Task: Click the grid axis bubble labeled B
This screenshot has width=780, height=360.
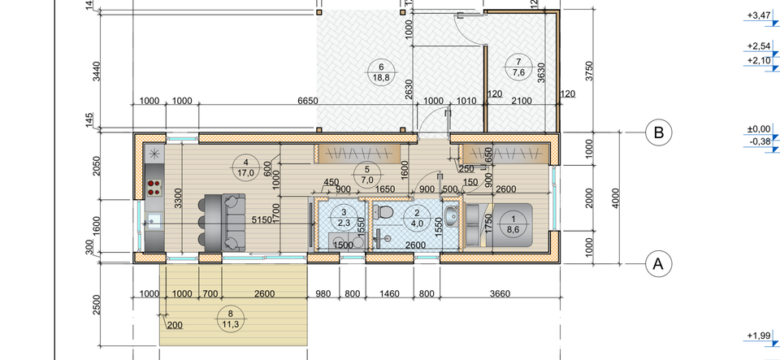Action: click(x=658, y=132)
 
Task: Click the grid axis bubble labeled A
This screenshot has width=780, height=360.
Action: click(x=658, y=263)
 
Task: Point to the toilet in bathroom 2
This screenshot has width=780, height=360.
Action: click(x=383, y=210)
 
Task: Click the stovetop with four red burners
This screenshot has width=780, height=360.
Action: click(x=154, y=188)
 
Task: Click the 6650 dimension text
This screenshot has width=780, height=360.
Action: click(x=307, y=101)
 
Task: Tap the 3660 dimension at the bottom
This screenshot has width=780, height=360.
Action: click(x=500, y=294)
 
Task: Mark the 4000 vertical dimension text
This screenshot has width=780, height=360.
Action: click(x=616, y=198)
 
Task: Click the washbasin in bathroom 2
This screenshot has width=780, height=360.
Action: click(x=453, y=216)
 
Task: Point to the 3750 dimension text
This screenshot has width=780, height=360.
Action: click(x=591, y=72)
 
